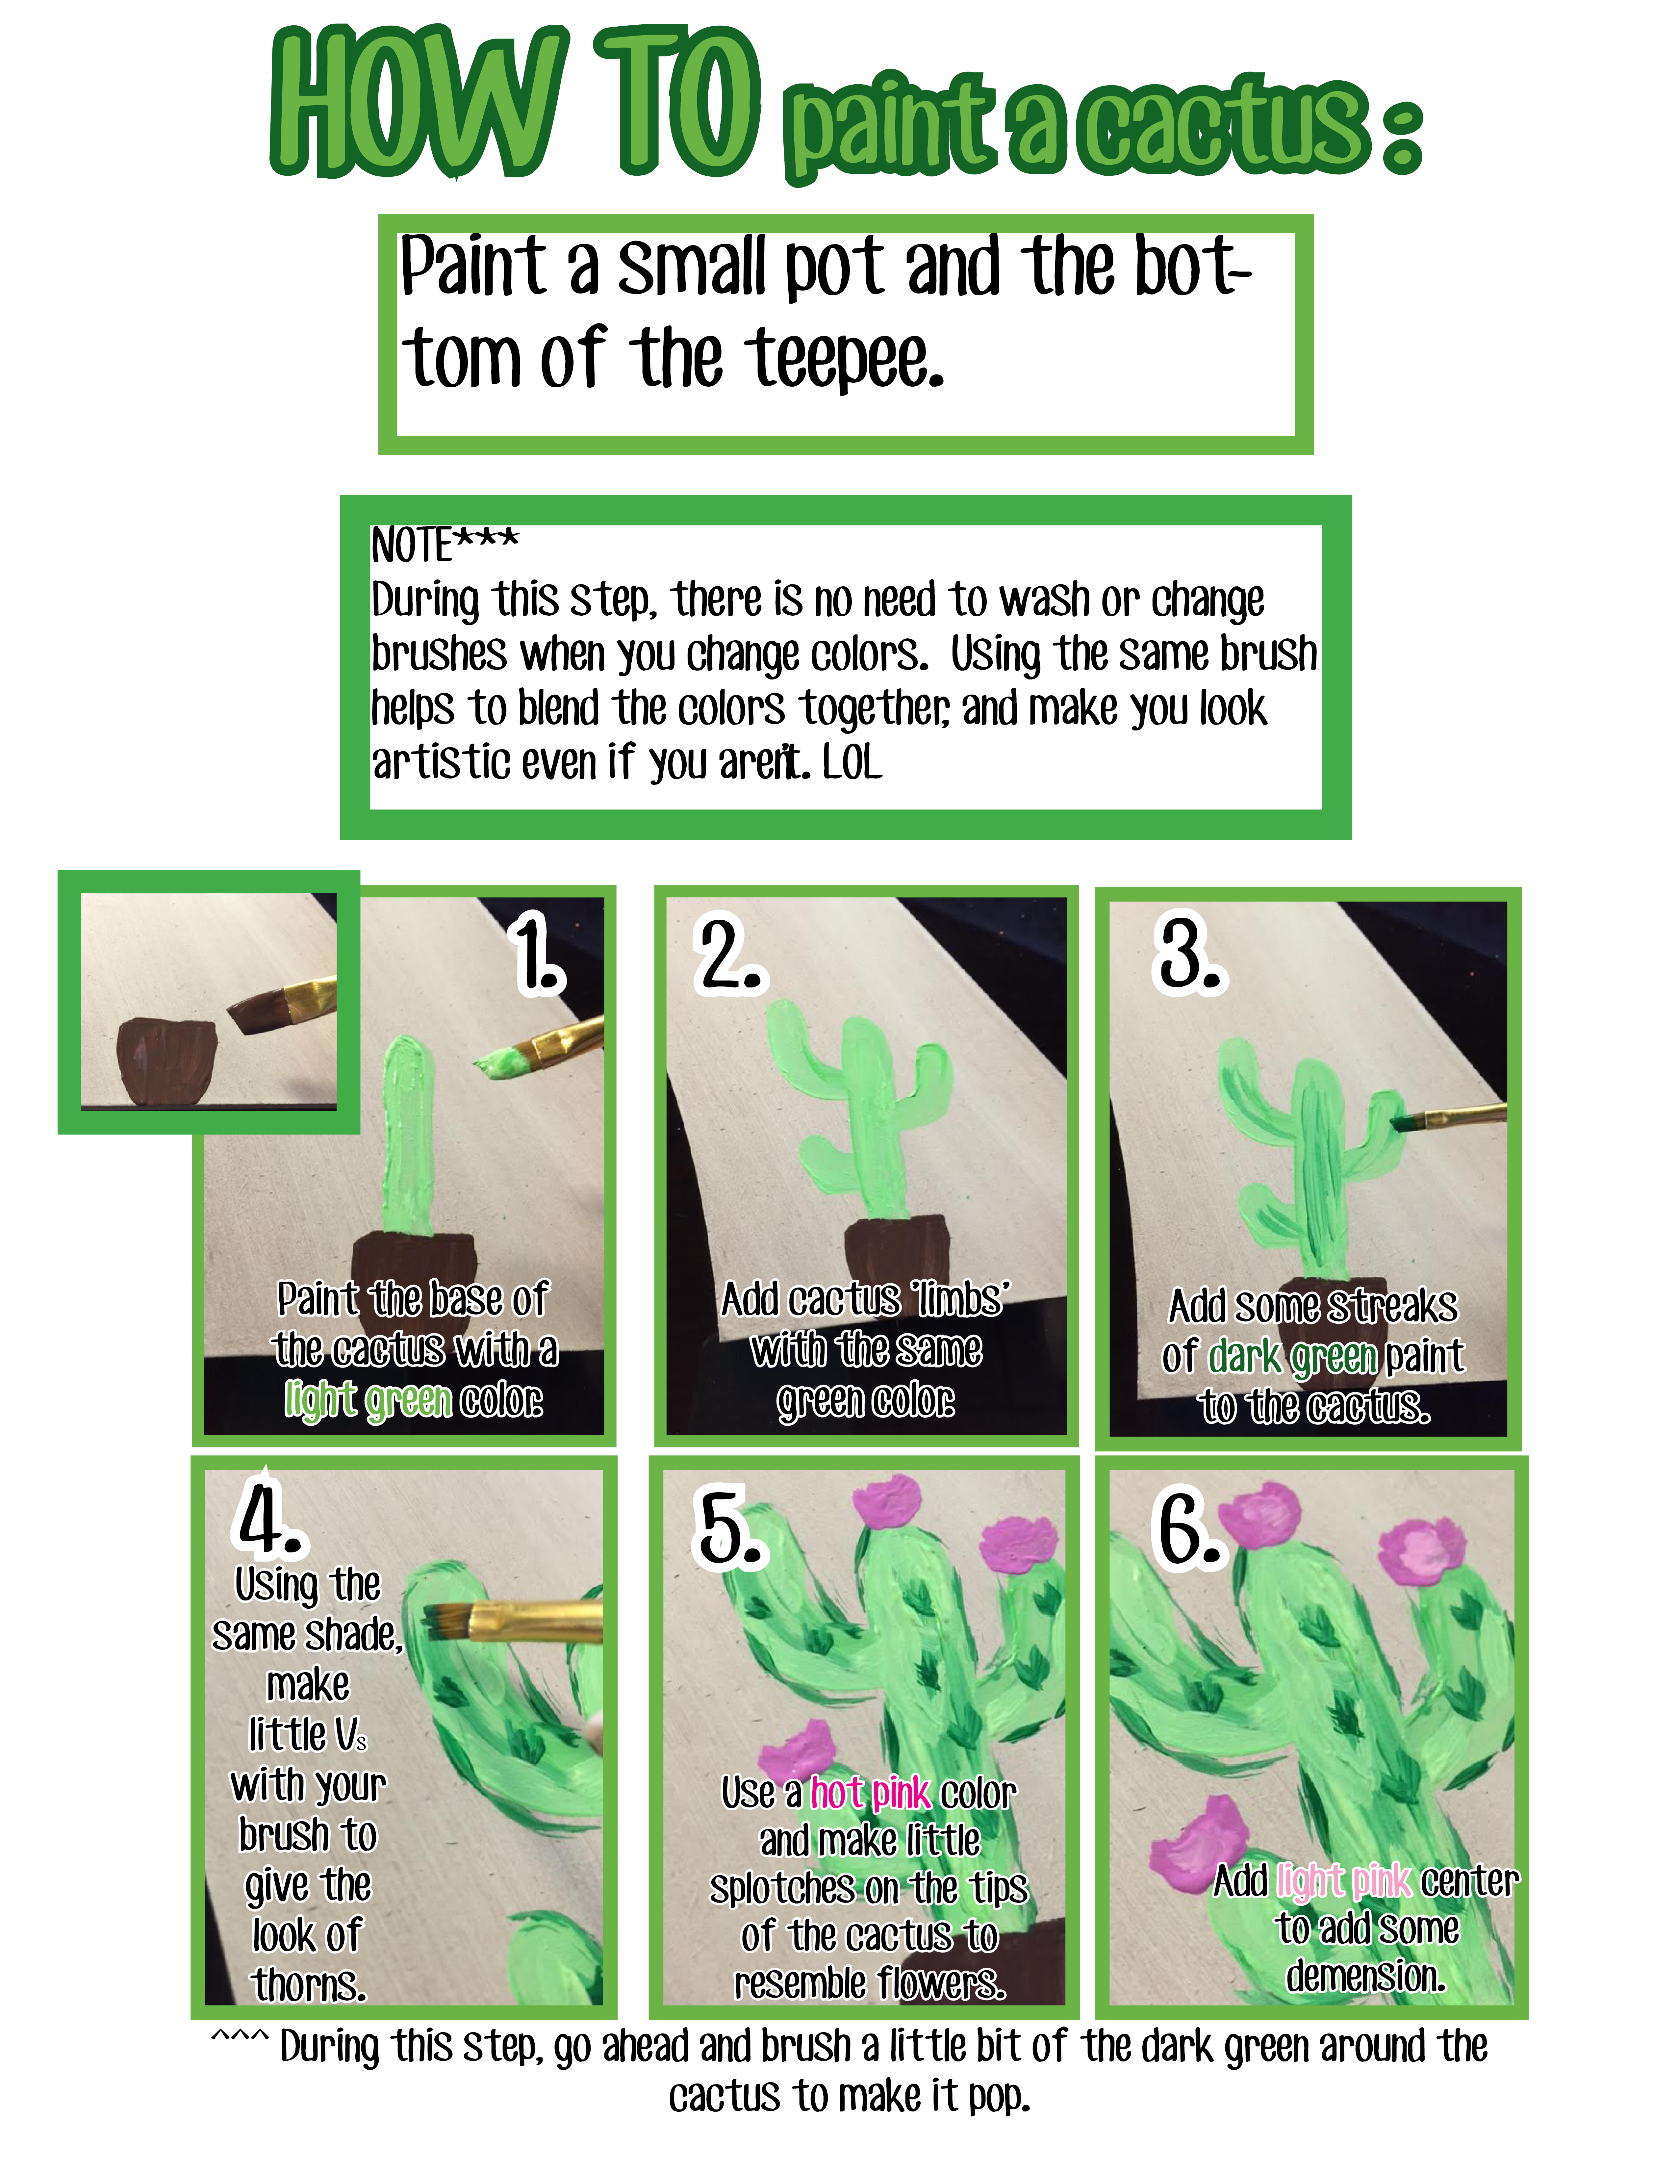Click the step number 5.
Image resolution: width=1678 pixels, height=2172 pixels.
(x=729, y=1532)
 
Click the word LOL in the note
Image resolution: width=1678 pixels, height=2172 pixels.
(x=852, y=763)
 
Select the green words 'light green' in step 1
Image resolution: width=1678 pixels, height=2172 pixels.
(x=368, y=1400)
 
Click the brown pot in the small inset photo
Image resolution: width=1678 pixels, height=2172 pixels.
(x=165, y=1060)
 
